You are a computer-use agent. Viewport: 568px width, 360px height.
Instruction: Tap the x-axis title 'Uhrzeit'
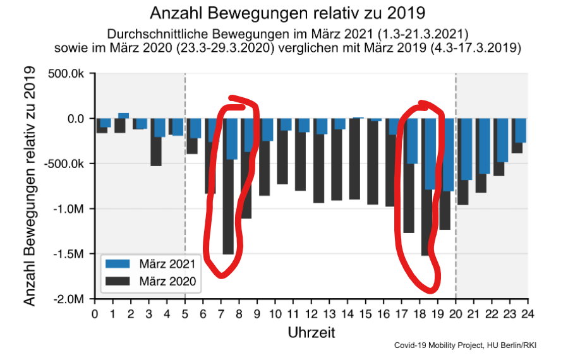(311, 332)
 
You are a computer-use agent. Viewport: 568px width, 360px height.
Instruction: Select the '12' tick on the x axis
(311, 313)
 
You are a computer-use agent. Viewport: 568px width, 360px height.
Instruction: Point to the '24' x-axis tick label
(528, 313)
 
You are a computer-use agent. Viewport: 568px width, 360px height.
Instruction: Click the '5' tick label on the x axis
(185, 313)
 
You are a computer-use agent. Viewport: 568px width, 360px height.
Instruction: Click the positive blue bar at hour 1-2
(123, 116)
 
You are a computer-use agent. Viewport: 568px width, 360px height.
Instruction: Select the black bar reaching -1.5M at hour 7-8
(228, 208)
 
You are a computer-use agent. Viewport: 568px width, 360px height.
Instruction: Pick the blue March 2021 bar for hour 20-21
(466, 149)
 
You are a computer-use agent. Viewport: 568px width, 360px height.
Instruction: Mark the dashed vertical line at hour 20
(456, 189)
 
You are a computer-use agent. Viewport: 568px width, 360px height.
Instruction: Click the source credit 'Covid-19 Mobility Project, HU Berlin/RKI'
(469, 345)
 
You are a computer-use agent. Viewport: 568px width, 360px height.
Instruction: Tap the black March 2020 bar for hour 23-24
(517, 148)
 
